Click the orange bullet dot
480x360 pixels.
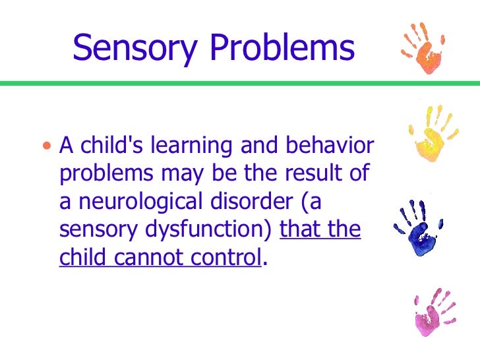point(45,144)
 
